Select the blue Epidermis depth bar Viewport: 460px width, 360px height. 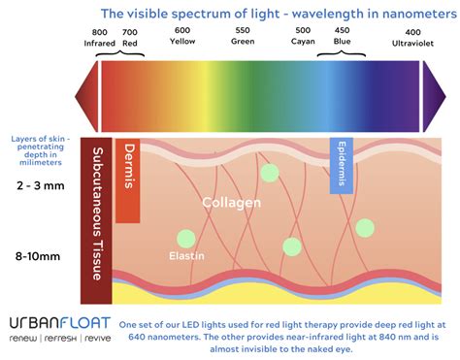pyautogui.click(x=341, y=165)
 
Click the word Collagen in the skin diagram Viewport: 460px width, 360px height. pyautogui.click(x=230, y=203)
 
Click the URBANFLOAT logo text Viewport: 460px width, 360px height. pyautogui.click(x=58, y=322)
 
